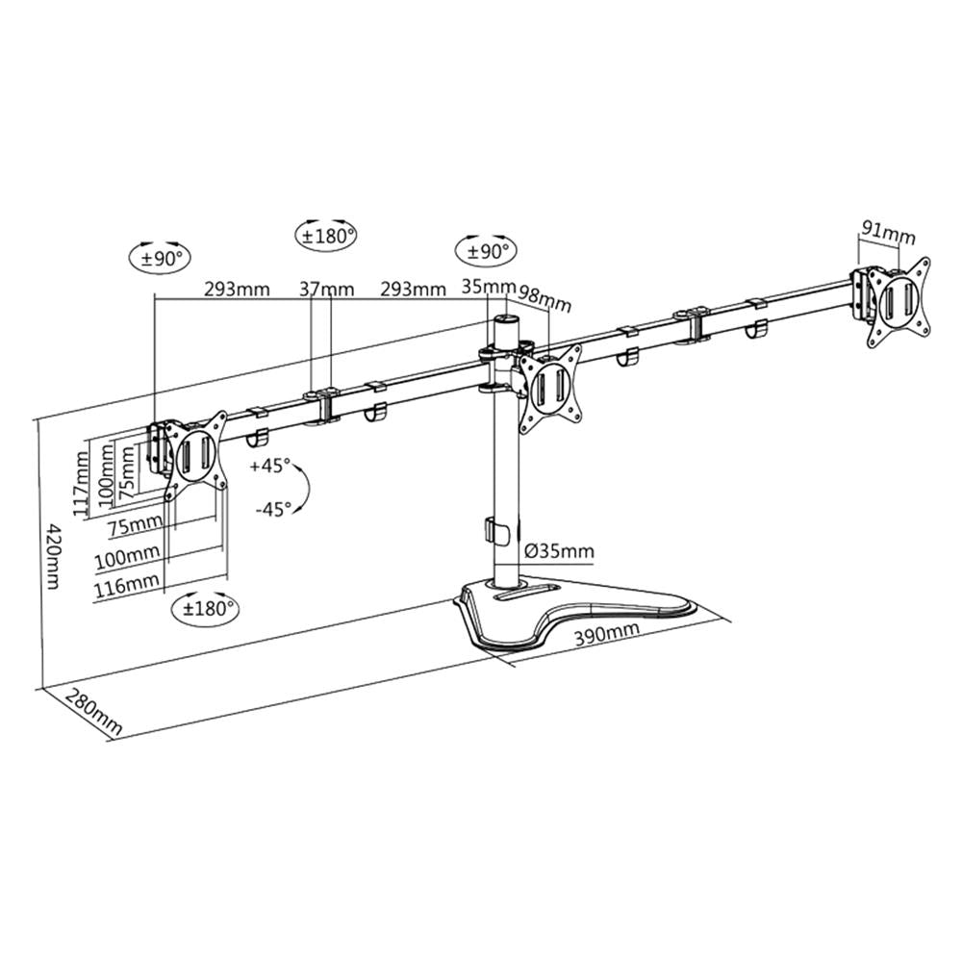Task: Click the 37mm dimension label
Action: click(326, 289)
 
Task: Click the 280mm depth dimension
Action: click(95, 712)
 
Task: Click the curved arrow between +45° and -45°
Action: click(304, 488)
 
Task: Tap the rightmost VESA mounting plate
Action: click(899, 301)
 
